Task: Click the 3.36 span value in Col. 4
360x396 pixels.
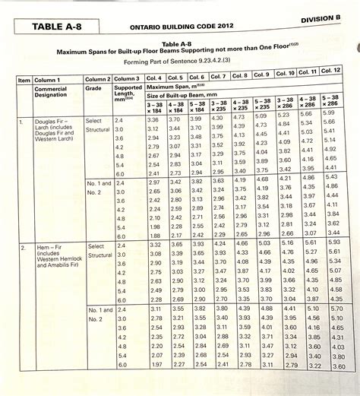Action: (153, 120)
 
